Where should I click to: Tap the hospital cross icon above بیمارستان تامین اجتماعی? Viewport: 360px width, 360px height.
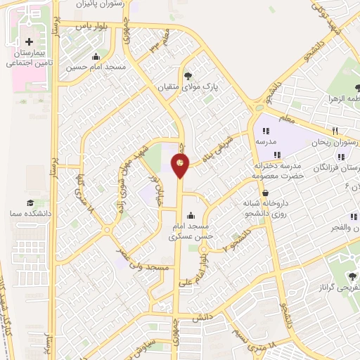[29, 42]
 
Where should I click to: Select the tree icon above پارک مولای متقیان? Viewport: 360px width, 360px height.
[188, 76]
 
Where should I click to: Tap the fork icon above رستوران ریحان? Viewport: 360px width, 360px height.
[335, 131]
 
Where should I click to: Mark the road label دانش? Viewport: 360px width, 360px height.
[202, 318]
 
